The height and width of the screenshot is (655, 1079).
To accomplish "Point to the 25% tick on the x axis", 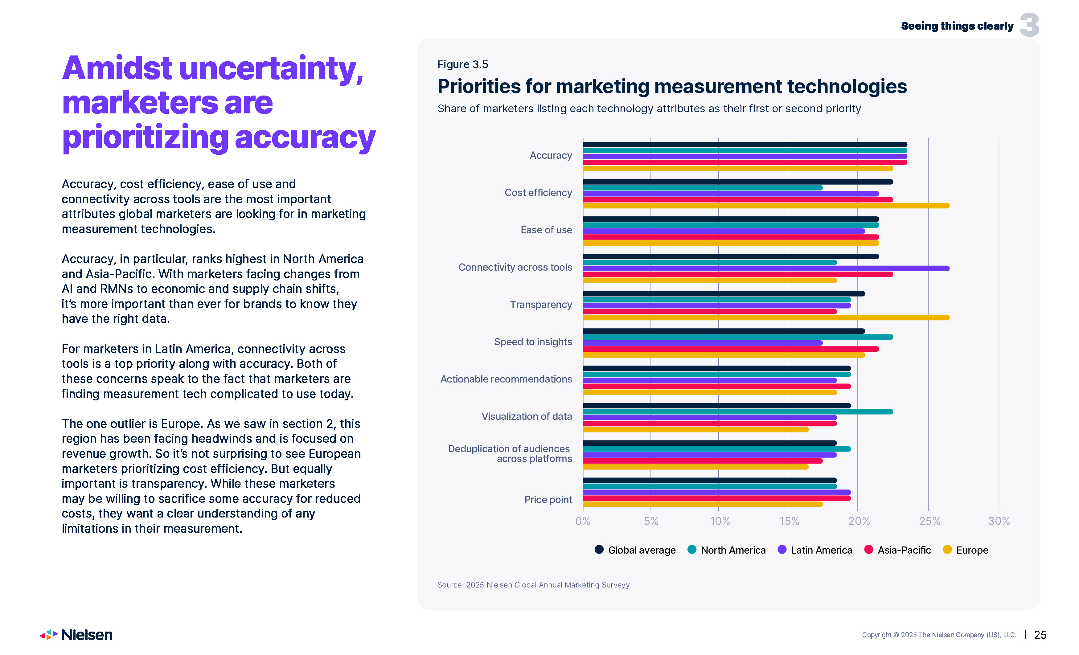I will (929, 521).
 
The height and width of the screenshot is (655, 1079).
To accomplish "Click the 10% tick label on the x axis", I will (720, 521).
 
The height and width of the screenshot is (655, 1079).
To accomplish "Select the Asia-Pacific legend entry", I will (898, 550).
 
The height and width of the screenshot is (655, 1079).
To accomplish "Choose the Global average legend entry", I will (635, 550).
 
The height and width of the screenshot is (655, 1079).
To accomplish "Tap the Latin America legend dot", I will (782, 550).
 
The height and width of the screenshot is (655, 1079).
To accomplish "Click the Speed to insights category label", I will (533, 342).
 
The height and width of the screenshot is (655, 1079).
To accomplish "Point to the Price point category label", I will (548, 500).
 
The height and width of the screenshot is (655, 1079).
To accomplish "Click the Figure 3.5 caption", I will (462, 64).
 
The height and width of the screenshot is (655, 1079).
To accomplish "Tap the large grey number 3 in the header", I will (1029, 25).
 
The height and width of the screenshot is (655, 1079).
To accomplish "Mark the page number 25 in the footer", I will (1040, 635).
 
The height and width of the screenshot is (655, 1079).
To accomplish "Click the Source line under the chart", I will (533, 585).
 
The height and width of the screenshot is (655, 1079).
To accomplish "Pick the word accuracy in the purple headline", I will (305, 137).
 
